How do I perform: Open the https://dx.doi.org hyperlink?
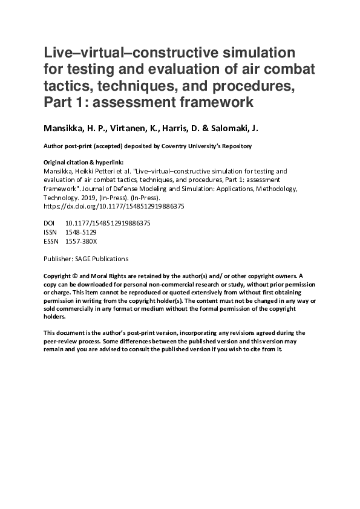[x=115, y=206]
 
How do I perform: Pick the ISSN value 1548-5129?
[x=80, y=232]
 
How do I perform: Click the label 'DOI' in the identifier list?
[x=50, y=223]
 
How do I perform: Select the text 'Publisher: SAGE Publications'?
[x=87, y=259]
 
